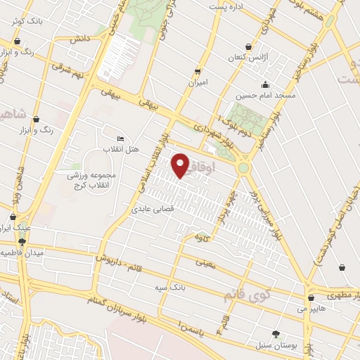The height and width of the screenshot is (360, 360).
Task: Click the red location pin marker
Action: click(x=181, y=166)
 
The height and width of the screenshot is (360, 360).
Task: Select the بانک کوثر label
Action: click(x=27, y=21)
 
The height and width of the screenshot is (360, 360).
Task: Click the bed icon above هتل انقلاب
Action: click(x=121, y=139)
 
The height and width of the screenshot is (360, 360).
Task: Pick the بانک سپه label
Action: click(x=172, y=287)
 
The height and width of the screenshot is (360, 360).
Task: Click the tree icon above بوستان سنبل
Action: click(x=276, y=334)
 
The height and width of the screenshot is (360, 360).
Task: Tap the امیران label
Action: click(x=197, y=83)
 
